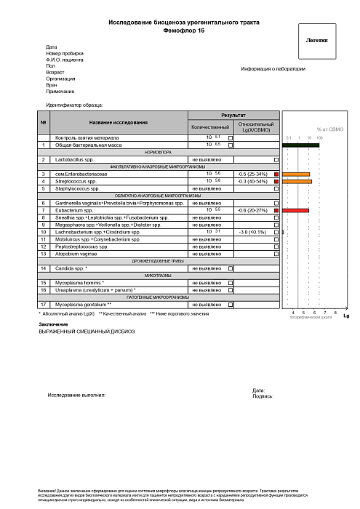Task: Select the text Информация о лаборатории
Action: coord(273,69)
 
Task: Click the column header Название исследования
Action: coord(119,121)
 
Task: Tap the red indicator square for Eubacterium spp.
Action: coord(276,210)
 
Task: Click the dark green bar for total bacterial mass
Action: coord(301,145)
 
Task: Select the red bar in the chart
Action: coord(296,210)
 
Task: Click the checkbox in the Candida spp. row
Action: coord(231,268)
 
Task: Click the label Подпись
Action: coord(262,397)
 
